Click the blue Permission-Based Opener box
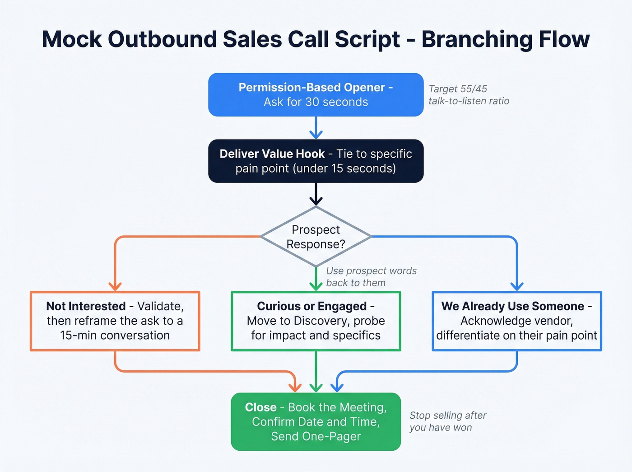coord(316,95)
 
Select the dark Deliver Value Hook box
coord(316,161)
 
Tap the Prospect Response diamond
coord(316,237)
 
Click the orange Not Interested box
coord(115,321)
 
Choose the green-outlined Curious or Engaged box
coord(316,321)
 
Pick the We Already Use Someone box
coord(516,321)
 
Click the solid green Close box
coord(316,422)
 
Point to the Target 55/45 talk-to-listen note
coord(469,95)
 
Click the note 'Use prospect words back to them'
coord(371,277)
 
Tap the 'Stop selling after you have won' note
coord(447,421)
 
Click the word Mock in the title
coord(72,39)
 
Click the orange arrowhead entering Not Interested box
coord(115,286)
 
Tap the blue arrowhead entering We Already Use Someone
coord(516,286)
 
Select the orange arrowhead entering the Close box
coord(295,387)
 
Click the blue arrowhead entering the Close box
coord(337,387)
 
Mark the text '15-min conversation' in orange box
coord(115,336)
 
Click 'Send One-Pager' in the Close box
coord(316,436)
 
